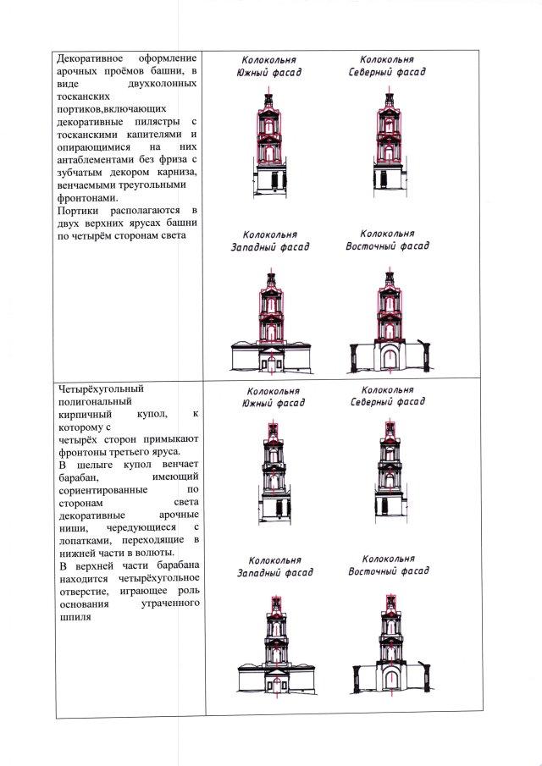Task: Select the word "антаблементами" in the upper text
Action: pyautogui.click(x=96, y=158)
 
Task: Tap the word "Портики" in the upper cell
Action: pyautogui.click(x=78, y=209)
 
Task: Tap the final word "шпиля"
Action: pyautogui.click(x=72, y=616)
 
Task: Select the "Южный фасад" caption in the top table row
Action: pyautogui.click(x=268, y=73)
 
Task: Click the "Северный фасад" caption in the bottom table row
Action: pyautogui.click(x=388, y=402)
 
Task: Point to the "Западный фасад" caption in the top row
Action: pyautogui.click(x=270, y=247)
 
